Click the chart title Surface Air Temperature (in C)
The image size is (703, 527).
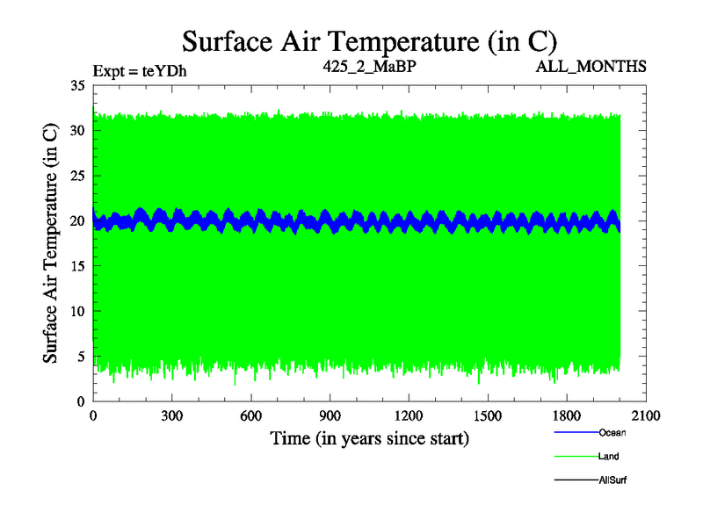click(x=369, y=40)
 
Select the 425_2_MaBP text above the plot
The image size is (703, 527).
click(x=369, y=66)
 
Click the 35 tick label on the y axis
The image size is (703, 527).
click(x=76, y=85)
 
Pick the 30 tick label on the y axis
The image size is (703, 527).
click(x=76, y=130)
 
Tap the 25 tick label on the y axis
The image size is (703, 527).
click(x=76, y=176)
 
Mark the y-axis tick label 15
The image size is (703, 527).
click(x=76, y=266)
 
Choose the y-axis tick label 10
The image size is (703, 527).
click(x=76, y=311)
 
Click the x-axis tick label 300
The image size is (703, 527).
click(x=172, y=416)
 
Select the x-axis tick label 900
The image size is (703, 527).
click(x=330, y=416)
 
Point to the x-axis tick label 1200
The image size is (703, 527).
click(x=409, y=416)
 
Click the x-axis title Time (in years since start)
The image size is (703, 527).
click(x=369, y=437)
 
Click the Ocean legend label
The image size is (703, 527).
click(x=612, y=432)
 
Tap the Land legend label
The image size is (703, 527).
click(x=609, y=456)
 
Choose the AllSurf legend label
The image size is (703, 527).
click(x=612, y=480)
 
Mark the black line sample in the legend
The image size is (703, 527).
click(x=576, y=480)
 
